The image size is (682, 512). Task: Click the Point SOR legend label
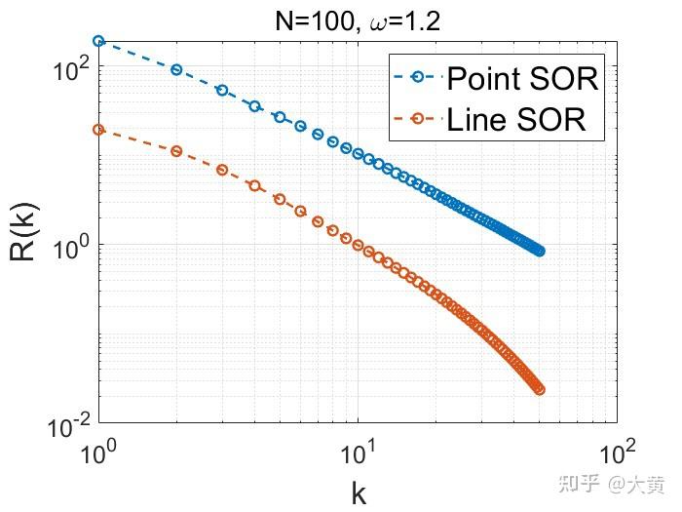click(521, 77)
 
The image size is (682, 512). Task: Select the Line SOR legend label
click(515, 119)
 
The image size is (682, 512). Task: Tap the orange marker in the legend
click(418, 119)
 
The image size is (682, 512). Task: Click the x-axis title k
click(359, 492)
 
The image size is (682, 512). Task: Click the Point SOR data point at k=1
click(98, 41)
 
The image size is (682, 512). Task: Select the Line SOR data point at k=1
click(98, 130)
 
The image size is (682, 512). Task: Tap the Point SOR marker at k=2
click(176, 69)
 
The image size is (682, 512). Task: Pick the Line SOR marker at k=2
click(176, 151)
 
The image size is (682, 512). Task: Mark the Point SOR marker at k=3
click(222, 90)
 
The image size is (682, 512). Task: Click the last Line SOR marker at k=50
click(539, 390)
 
